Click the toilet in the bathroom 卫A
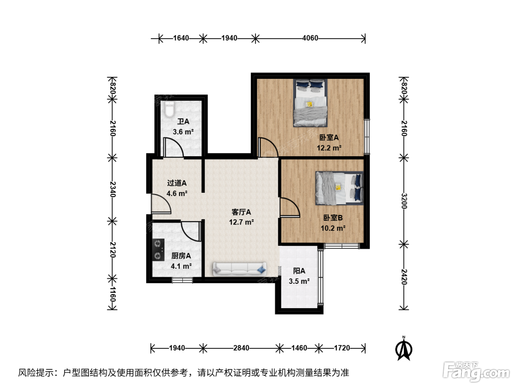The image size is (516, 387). (169, 109)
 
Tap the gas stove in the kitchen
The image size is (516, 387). (158, 250)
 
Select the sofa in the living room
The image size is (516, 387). (240, 269)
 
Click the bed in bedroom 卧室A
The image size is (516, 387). (310, 103)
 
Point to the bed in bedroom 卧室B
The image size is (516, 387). (339, 188)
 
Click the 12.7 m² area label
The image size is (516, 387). (241, 222)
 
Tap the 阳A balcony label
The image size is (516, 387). (299, 271)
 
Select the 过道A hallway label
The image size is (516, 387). (177, 183)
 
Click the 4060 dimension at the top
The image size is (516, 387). (310, 38)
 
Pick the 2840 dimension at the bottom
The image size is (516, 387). (241, 348)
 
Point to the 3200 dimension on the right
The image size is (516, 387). (404, 201)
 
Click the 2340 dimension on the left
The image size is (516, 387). (113, 189)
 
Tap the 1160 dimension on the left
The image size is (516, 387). (113, 294)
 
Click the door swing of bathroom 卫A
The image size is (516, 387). (173, 147)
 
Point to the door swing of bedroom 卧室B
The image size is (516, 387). (290, 207)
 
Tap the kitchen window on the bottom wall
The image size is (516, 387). (182, 280)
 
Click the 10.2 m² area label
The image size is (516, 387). (333, 228)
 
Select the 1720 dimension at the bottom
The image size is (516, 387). (342, 348)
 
